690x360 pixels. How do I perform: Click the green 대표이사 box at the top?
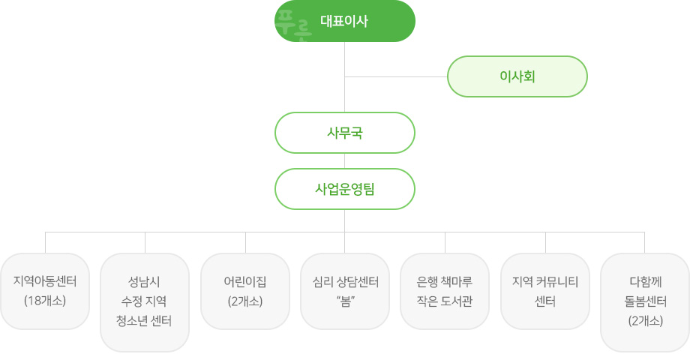point(344,21)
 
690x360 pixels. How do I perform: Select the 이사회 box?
point(517,76)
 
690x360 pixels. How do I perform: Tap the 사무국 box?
point(344,133)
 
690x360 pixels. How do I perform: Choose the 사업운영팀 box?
point(344,189)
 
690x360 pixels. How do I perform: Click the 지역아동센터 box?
point(45,291)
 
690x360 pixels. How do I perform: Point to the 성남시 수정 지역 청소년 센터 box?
point(145,302)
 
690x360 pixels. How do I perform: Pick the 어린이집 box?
point(245,291)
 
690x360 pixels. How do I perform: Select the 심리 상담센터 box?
point(345,291)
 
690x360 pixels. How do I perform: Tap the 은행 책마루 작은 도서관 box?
point(445,291)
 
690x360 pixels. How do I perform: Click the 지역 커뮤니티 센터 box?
point(545,291)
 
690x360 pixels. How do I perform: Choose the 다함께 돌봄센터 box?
point(645,302)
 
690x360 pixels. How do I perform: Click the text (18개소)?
point(45,301)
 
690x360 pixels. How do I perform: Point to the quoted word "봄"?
point(346,301)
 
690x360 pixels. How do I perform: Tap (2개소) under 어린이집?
point(245,301)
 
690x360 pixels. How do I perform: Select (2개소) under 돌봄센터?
point(646,321)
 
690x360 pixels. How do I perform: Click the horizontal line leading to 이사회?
point(396,76)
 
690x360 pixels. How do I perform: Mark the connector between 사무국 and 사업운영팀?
point(344,161)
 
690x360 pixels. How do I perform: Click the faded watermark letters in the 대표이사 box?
point(293,25)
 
